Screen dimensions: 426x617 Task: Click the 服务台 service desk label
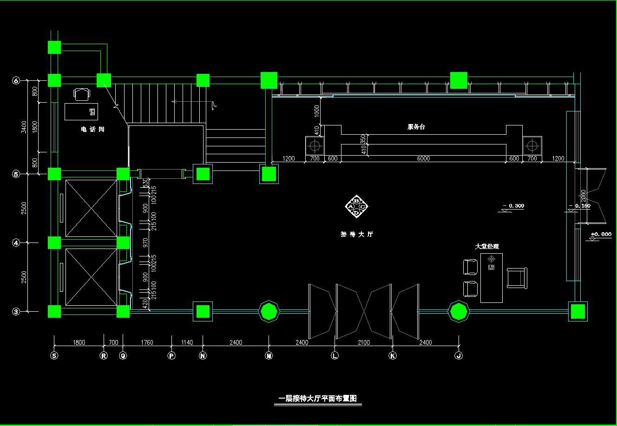[416, 127]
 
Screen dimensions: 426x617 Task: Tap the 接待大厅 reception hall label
[357, 235]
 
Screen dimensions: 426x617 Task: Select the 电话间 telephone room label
[92, 129]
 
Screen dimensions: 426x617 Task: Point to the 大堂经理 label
[487, 246]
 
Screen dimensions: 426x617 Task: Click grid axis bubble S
[54, 356]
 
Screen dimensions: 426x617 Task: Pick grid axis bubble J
[459, 356]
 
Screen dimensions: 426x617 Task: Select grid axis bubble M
[269, 356]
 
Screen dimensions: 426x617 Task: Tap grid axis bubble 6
[16, 81]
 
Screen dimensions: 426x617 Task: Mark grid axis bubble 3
[16, 312]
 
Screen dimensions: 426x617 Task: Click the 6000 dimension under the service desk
[423, 158]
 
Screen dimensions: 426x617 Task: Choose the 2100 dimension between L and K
[364, 342]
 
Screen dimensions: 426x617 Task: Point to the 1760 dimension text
[146, 342]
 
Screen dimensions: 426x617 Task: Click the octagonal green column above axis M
[269, 311]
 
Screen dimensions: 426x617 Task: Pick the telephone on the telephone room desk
[92, 111]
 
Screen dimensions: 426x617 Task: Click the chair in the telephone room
[82, 94]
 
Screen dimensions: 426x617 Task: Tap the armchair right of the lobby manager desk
[517, 277]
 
